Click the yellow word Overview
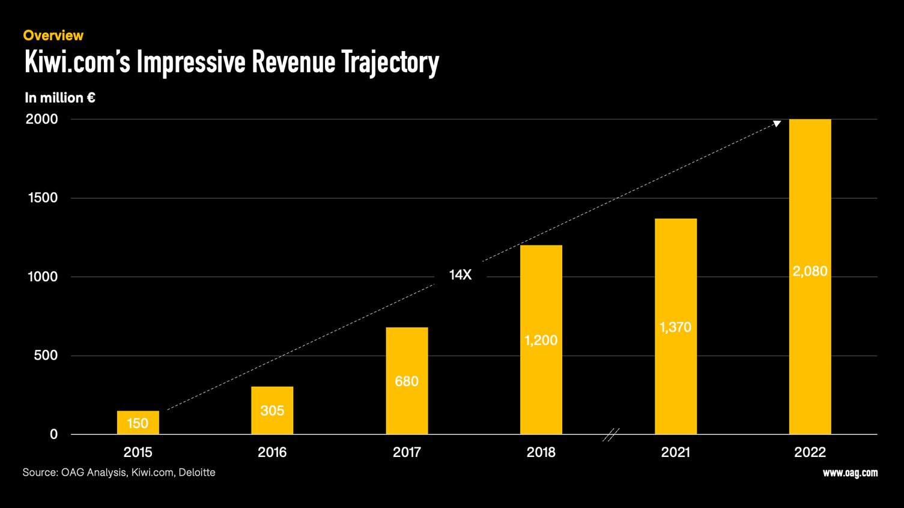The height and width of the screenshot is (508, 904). point(53,35)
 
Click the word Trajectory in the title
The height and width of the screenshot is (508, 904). point(390,62)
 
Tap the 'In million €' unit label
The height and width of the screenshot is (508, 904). point(59,97)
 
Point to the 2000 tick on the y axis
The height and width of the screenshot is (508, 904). point(42,119)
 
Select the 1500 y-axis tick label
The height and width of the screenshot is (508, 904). point(43,198)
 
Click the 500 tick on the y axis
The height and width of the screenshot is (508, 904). point(46,355)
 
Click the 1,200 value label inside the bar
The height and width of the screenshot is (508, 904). point(541,340)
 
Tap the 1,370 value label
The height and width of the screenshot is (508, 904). point(675,327)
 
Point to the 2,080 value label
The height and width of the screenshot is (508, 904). point(810,271)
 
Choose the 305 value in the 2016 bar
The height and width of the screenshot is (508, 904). point(272,411)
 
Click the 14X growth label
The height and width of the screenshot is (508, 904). point(460,275)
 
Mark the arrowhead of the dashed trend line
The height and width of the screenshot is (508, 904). point(777,124)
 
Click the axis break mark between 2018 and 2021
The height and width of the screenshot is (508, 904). point(610,435)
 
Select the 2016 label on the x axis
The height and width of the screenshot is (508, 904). point(272,452)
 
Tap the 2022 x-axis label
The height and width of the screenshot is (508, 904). point(810,452)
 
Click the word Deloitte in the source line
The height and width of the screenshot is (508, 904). point(197,473)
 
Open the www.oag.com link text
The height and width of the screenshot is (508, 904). point(850,473)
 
